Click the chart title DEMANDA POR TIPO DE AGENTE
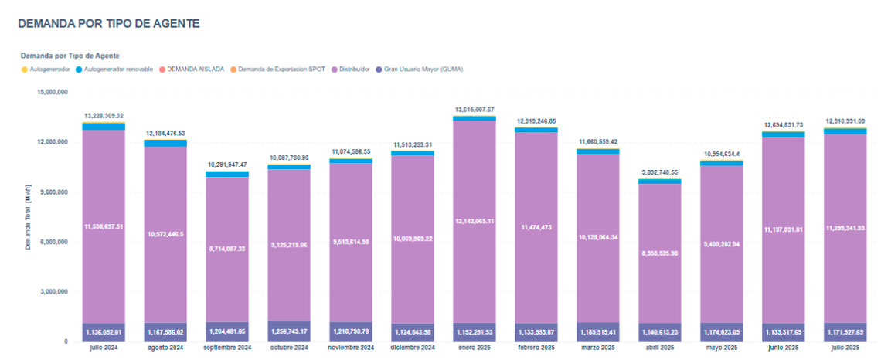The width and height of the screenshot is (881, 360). (108, 24)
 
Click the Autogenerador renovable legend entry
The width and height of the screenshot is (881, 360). (117, 69)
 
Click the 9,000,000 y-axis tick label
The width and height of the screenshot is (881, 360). (55, 192)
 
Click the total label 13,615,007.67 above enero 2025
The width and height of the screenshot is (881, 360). (475, 110)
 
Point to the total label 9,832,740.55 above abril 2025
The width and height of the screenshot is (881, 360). (660, 172)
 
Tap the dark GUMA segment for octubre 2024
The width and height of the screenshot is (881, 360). (289, 331)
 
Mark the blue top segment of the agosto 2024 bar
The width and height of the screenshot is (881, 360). (165, 143)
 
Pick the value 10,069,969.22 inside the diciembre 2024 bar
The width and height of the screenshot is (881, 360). (413, 239)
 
